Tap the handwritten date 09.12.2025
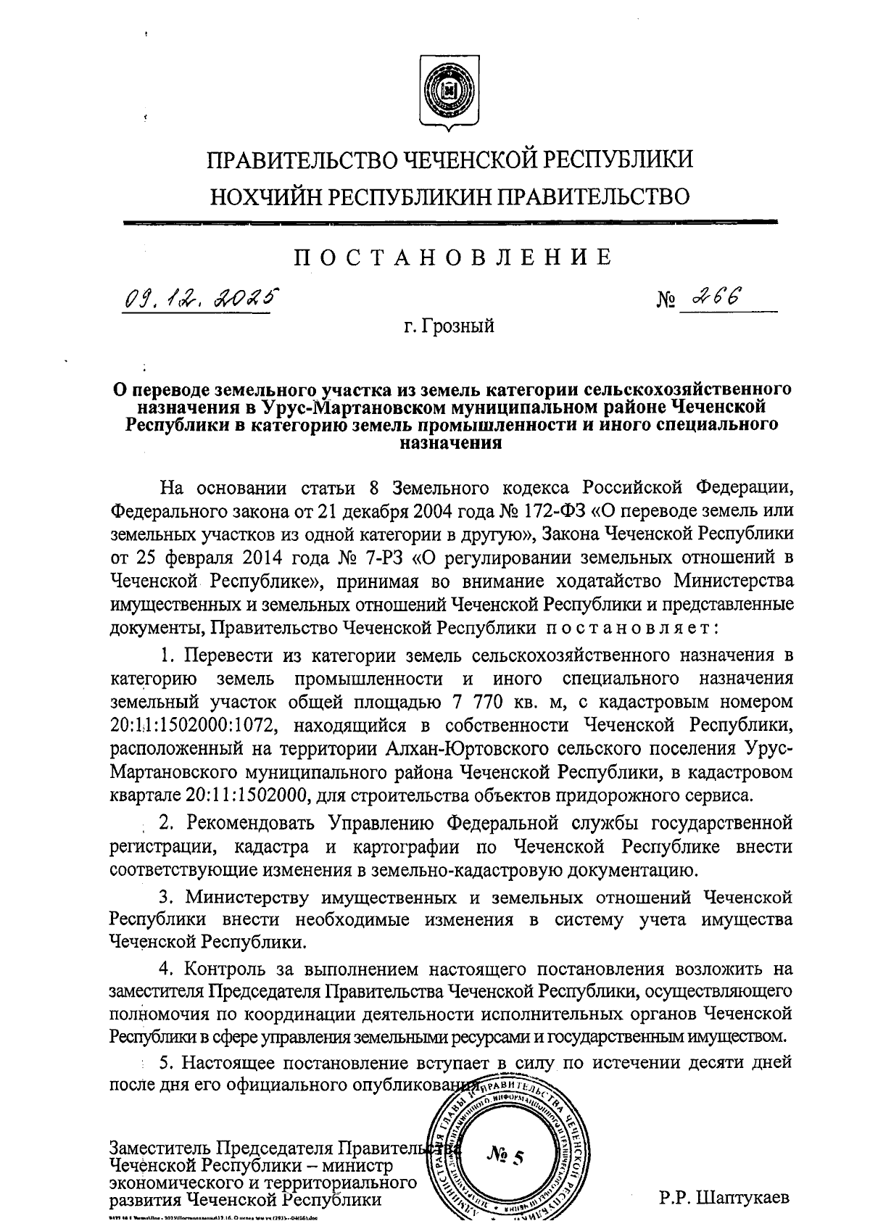click(199, 298)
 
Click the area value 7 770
click(537, 703)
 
